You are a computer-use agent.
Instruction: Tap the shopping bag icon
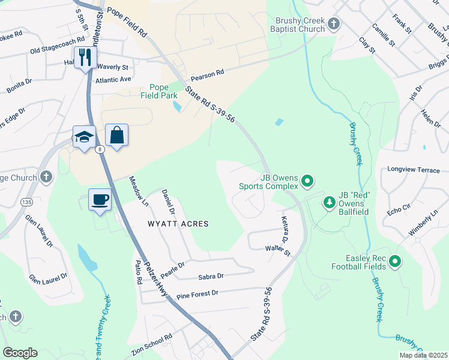(x=117, y=136)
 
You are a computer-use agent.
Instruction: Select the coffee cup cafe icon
(x=100, y=199)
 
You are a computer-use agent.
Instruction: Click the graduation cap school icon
(x=84, y=136)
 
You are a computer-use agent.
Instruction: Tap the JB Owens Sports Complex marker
(x=307, y=180)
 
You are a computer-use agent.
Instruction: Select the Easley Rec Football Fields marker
(x=394, y=262)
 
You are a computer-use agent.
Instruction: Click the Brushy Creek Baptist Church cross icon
(x=334, y=24)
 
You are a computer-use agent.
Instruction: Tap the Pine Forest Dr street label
(x=197, y=293)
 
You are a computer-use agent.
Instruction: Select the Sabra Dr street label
(x=211, y=277)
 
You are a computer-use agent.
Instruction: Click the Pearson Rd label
(x=207, y=76)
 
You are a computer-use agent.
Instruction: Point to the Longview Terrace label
(x=414, y=170)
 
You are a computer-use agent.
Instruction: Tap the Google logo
(x=20, y=353)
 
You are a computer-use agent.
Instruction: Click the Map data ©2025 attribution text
(x=422, y=355)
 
